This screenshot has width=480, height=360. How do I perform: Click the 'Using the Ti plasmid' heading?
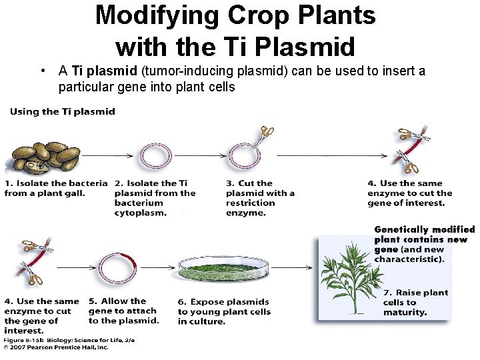pos(63,111)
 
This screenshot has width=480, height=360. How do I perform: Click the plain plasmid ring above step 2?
pos(155,157)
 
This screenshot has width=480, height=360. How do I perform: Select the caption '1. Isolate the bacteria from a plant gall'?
pos(55,188)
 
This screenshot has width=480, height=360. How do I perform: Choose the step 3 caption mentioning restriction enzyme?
pos(260,198)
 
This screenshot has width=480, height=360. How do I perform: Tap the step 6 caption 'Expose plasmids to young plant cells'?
pos(224,311)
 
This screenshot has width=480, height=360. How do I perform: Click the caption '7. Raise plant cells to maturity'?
pos(415,302)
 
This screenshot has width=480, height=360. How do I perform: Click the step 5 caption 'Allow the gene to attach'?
pos(123,311)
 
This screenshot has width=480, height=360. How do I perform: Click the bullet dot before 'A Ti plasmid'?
pos(42,71)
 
